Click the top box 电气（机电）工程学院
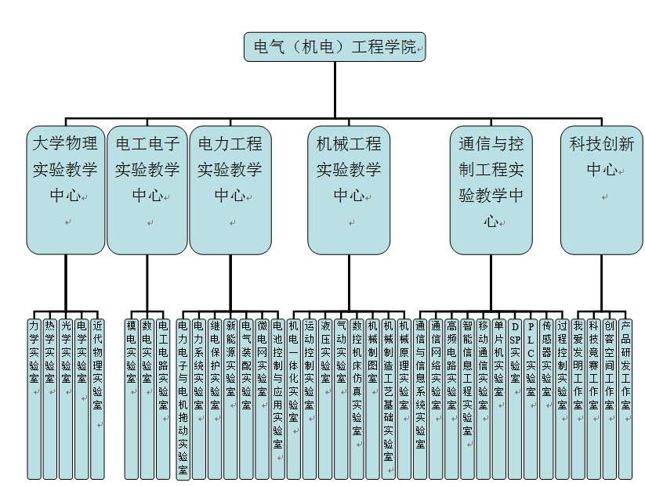(x=335, y=47)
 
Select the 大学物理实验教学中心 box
(x=66, y=189)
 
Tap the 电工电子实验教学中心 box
(x=147, y=189)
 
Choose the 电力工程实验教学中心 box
(x=230, y=189)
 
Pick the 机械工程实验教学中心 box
(x=349, y=189)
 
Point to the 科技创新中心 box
(x=601, y=189)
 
